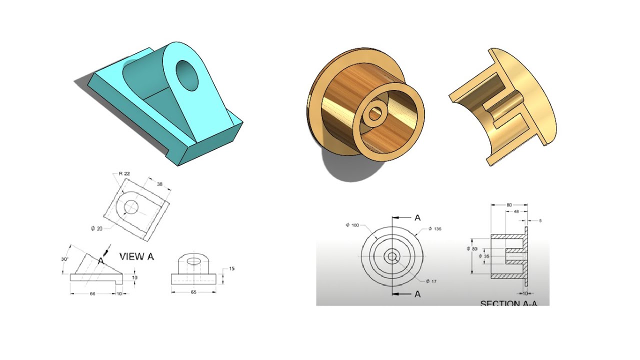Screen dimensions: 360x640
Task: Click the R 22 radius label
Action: coord(125,173)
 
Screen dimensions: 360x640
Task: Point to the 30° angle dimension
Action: coord(65,259)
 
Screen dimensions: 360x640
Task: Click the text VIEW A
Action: coord(136,256)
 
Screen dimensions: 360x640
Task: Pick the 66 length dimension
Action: coord(92,294)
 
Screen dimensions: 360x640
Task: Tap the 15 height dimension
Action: coord(231,269)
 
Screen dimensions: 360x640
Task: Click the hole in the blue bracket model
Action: coord(186,75)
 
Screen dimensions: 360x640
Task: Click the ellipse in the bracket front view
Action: coord(194,260)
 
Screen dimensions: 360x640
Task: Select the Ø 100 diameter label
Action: coord(352,225)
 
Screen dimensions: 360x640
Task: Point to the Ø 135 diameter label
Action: coord(434,228)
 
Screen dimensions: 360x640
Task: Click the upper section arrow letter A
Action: coord(417,217)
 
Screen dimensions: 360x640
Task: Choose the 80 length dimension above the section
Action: coord(509,204)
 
